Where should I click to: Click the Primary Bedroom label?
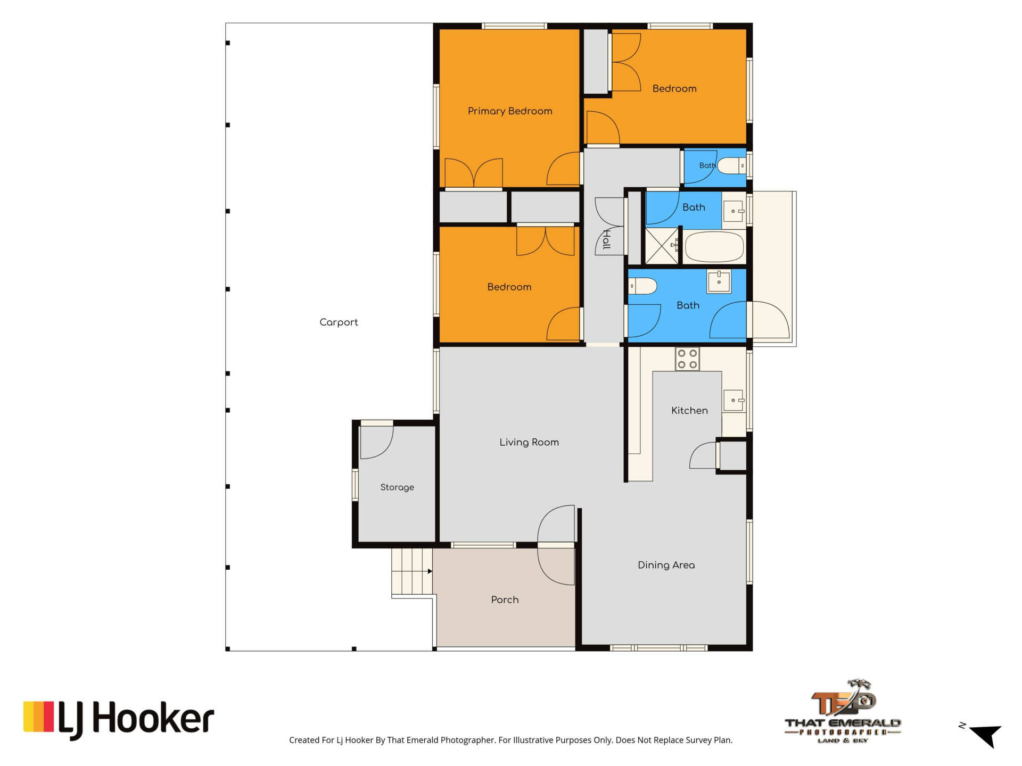tap(510, 111)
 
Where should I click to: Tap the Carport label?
tap(339, 322)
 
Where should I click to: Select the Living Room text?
tap(529, 442)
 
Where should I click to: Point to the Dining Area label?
tap(666, 565)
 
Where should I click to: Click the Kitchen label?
tap(689, 411)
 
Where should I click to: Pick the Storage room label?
tap(397, 487)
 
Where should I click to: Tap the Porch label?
tap(505, 600)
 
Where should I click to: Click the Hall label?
tap(606, 239)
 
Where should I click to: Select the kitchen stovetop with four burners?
tap(687, 359)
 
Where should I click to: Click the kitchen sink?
tap(734, 400)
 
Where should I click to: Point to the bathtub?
tap(714, 247)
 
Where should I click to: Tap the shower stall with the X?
tap(662, 246)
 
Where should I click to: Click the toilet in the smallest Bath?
tap(731, 166)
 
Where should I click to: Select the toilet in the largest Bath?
tap(642, 286)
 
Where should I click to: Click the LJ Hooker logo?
tap(119, 720)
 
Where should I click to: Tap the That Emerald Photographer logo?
tap(843, 711)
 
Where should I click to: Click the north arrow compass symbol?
tap(985, 736)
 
